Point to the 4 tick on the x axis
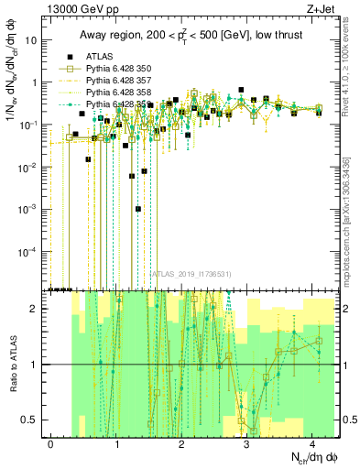pyautogui.click(x=312, y=443)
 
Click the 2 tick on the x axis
pyautogui.click(x=182, y=443)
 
